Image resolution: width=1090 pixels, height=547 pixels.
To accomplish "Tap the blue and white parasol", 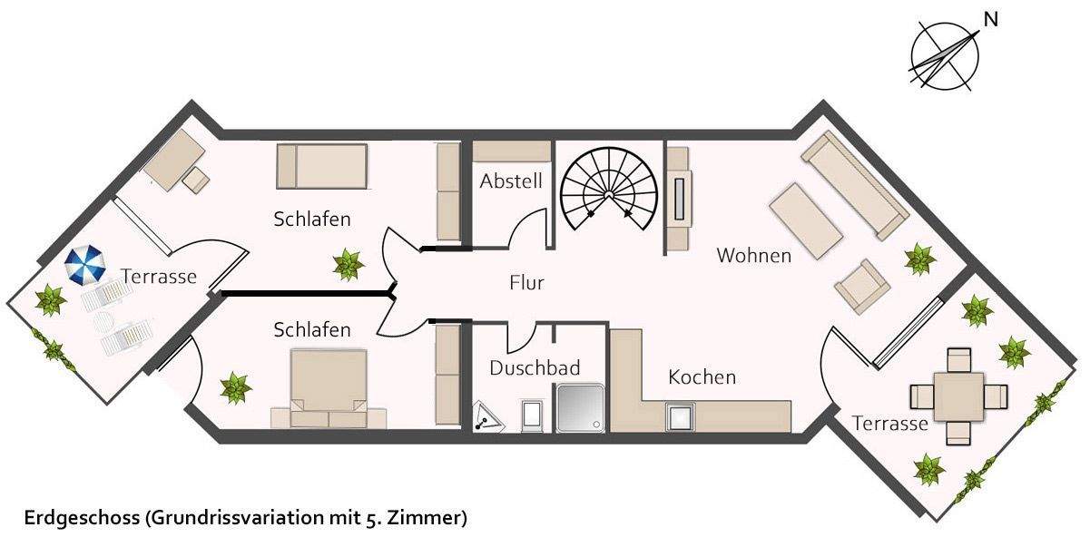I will [85, 266].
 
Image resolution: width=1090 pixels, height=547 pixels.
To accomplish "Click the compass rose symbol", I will [945, 56].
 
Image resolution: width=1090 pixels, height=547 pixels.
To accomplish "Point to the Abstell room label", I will [511, 181].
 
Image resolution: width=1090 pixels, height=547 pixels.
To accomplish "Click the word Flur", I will [526, 283].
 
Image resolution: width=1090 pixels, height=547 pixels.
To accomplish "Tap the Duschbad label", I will [535, 368].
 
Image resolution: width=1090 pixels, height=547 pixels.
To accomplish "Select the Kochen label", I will [702, 376].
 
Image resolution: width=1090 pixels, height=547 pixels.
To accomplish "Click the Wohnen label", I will [753, 255].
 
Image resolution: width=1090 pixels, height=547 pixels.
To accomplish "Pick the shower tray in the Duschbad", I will [578, 407].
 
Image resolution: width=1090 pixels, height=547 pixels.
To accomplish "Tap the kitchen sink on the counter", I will [679, 416].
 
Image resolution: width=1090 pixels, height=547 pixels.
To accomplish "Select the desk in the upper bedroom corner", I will [173, 159].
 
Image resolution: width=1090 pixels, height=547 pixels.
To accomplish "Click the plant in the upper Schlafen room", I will [348, 265].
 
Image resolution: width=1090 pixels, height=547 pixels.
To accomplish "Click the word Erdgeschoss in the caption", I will [79, 518].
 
